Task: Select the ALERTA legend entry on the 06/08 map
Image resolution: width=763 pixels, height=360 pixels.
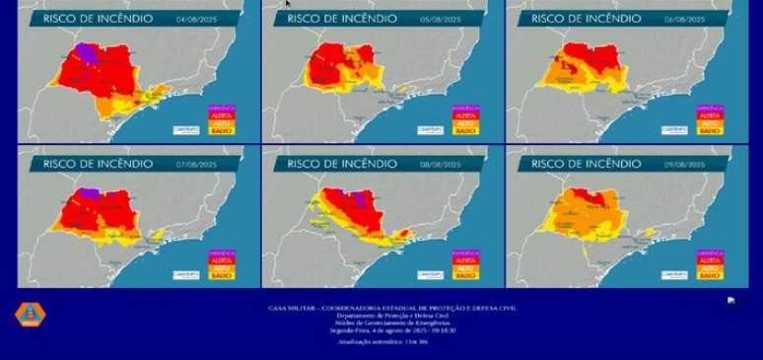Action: tap(709, 116)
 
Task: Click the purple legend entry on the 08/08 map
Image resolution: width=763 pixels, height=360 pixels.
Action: tap(464, 252)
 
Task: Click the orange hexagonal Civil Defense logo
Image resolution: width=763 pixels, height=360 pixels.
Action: tap(30, 315)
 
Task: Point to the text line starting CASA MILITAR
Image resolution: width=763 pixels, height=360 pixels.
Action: tap(392, 308)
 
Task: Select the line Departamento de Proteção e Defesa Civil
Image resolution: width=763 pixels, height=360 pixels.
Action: tap(392, 316)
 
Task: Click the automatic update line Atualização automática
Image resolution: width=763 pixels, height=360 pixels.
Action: tap(382, 341)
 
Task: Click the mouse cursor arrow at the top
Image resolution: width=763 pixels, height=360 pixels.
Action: tap(288, 4)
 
